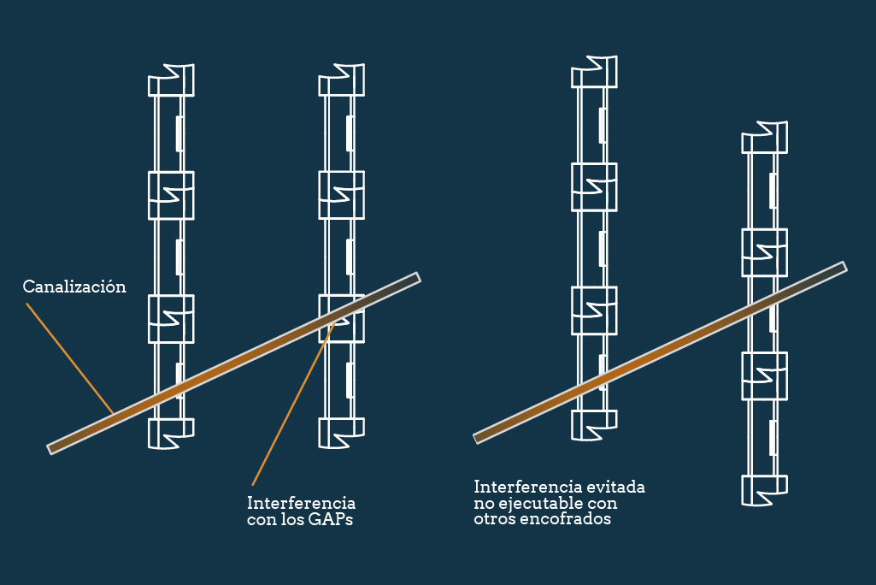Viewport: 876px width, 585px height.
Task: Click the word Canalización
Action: [x=74, y=287]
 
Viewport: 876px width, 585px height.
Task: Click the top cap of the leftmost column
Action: [x=171, y=80]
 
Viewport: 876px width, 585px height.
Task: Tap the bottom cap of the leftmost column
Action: [x=171, y=433]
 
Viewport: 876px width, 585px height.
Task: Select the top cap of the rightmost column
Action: [x=764, y=138]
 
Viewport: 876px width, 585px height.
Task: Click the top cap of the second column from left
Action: [x=342, y=80]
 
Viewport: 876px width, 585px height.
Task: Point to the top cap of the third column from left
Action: [x=593, y=72]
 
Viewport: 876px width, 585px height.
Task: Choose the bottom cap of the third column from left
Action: [x=593, y=424]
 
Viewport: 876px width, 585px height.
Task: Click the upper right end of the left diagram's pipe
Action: [x=416, y=277]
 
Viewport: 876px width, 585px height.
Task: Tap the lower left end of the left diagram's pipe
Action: [x=52, y=447]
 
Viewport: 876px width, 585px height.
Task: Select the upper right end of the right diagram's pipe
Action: [x=842, y=267]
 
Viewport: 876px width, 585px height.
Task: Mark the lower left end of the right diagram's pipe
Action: [x=478, y=438]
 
